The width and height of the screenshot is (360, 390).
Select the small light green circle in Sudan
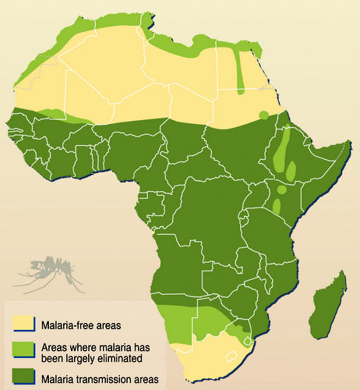pos(263,115)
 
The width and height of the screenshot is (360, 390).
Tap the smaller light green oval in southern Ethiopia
pos(291,171)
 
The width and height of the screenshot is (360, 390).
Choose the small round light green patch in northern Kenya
pos(281,190)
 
